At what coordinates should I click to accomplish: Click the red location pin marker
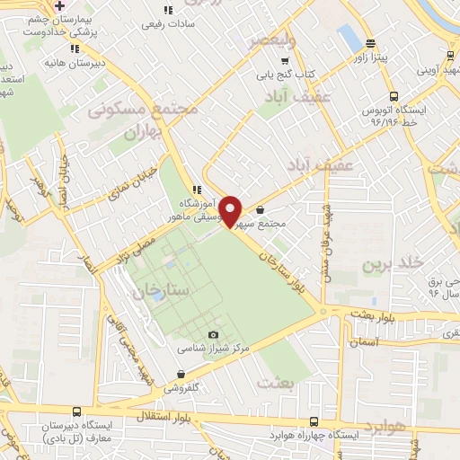tap(231, 211)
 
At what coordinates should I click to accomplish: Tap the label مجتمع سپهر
tap(284, 224)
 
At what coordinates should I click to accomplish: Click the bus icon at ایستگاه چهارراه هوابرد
tap(312, 420)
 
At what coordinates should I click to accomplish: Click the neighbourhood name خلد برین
tap(391, 264)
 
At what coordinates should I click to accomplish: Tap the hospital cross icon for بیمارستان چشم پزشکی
tap(58, 5)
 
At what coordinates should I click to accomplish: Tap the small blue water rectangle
tap(349, 37)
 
